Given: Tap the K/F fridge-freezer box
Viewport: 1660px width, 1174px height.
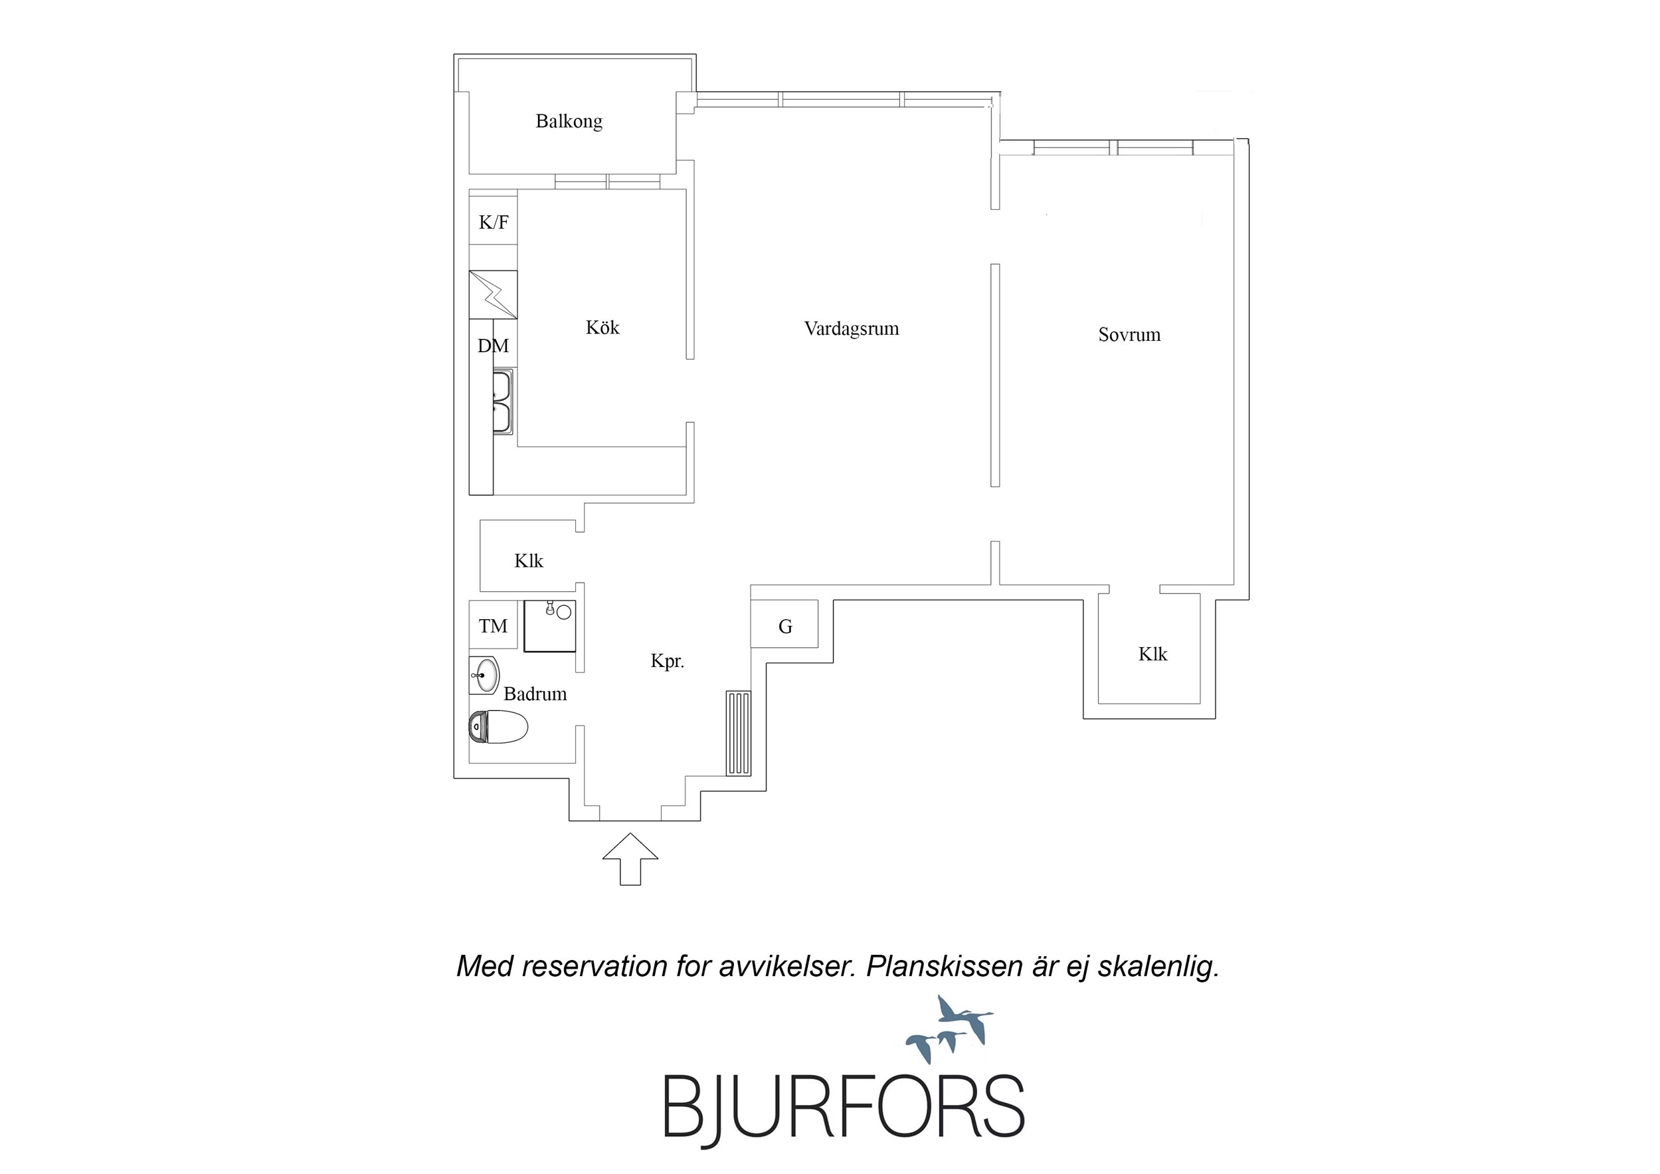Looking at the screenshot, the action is coord(493,221).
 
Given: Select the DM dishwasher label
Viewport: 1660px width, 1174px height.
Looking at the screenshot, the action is coord(493,345).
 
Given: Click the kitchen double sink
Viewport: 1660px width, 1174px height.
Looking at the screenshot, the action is coord(502,401).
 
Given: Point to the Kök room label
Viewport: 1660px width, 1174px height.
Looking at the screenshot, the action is coord(602,328).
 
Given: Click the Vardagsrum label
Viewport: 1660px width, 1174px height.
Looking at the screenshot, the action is coord(852,329).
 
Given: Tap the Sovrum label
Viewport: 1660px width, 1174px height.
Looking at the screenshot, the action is coord(1129,335).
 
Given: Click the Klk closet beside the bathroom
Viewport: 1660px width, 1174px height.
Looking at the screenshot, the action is coord(529,561).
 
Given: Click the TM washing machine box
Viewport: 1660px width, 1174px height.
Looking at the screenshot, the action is coord(493,625).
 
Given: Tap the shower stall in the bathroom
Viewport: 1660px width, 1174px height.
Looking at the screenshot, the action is coord(549,626).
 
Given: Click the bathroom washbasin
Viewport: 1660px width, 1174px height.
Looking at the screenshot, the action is coord(484,676).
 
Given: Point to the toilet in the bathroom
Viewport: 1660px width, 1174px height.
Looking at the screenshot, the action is coord(498,726).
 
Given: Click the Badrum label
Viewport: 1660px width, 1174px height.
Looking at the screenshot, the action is coord(535,694).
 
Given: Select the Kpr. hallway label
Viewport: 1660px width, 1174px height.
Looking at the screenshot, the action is coord(668,661).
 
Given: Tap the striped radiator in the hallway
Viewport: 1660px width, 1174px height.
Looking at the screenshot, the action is coord(739,733).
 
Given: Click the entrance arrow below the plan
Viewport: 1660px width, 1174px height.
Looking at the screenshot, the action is coord(630,858).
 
